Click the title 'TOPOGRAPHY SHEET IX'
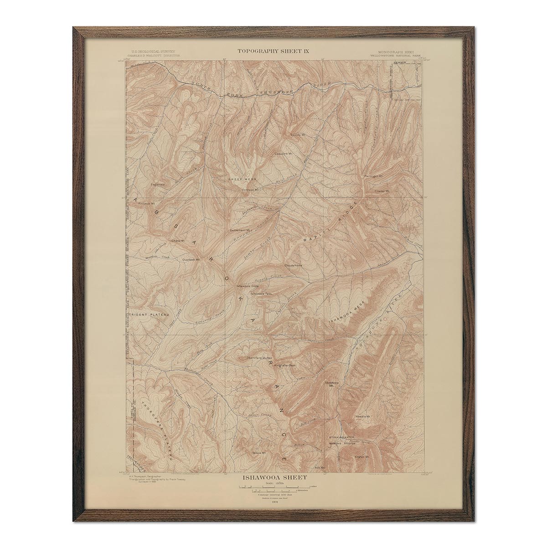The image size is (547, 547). coord(273,51)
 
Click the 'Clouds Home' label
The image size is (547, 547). coord(293,265)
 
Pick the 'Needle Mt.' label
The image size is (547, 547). coord(365,417)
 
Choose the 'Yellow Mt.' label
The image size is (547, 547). coord(258,453)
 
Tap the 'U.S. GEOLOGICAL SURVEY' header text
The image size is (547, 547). coord(153,52)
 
